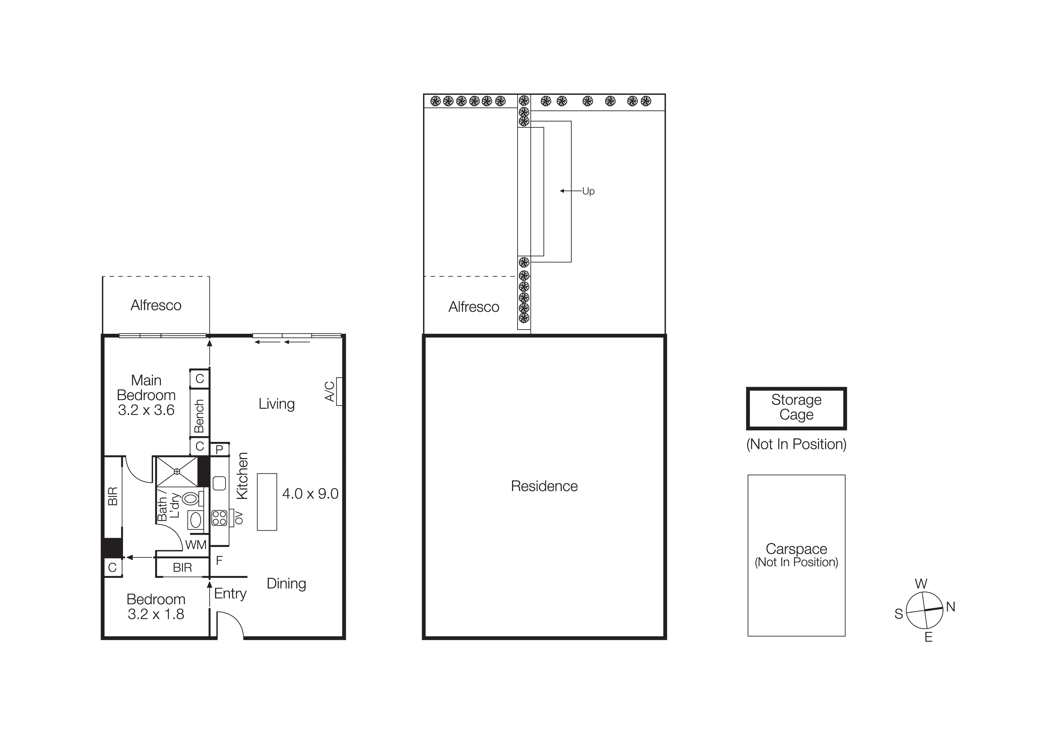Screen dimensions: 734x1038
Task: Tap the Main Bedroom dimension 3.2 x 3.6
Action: (146, 410)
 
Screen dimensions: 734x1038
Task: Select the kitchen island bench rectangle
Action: (267, 502)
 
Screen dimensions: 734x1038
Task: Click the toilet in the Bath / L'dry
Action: (191, 498)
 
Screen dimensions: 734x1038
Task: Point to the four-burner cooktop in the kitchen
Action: (219, 518)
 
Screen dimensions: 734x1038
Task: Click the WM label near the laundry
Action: (196, 545)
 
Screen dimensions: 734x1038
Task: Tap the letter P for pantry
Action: (219, 449)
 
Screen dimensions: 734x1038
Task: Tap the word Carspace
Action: (796, 549)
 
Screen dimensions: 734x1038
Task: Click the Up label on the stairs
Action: (588, 191)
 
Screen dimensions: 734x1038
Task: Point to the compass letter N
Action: (950, 607)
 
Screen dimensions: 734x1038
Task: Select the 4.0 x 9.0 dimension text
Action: (310, 494)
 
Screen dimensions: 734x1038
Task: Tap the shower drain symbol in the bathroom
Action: (177, 471)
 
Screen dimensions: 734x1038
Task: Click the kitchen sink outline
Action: (219, 483)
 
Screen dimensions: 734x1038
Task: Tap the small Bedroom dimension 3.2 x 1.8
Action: (156, 614)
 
